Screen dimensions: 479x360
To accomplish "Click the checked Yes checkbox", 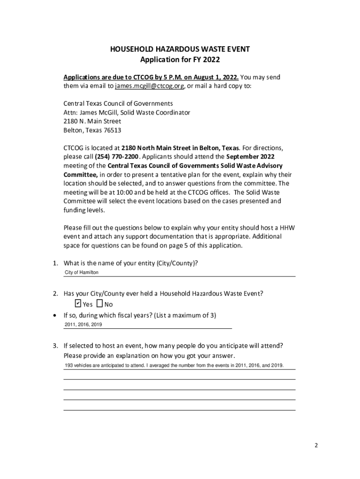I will pos(78,304).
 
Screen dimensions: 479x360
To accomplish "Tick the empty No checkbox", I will pos(100,304).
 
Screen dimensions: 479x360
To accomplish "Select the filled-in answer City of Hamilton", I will pos(81,272).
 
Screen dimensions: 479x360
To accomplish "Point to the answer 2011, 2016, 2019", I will pos(83,324).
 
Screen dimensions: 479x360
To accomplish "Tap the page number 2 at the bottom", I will pos(316,445).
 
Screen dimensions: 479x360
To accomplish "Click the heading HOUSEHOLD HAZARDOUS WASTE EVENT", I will pos(180,49).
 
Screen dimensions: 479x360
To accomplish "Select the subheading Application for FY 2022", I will pos(180,60).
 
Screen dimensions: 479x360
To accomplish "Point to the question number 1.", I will pos(55,263).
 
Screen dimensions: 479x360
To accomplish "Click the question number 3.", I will pos(55,346).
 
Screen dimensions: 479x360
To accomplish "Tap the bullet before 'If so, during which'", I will pos(56,315).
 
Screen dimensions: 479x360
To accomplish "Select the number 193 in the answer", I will pos(68,365).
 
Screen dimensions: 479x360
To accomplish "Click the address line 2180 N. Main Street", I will pos(92,122).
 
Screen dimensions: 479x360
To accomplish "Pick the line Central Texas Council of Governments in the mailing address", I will pos(118,103).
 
